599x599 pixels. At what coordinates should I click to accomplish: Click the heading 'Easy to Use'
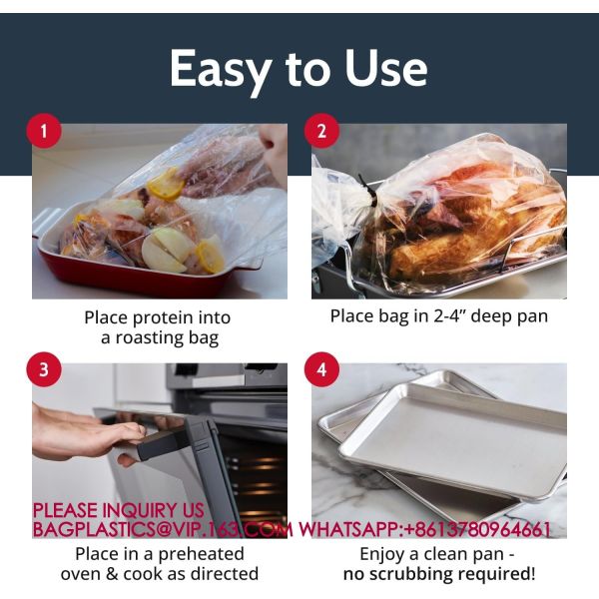point(299,68)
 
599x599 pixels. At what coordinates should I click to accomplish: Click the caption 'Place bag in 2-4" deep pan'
point(439,316)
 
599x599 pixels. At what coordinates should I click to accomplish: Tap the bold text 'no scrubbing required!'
point(438,574)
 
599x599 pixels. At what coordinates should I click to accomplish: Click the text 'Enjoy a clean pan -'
point(438,553)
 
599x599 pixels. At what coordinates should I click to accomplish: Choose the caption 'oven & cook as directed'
point(160,574)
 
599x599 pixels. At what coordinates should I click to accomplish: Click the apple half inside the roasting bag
point(164,250)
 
